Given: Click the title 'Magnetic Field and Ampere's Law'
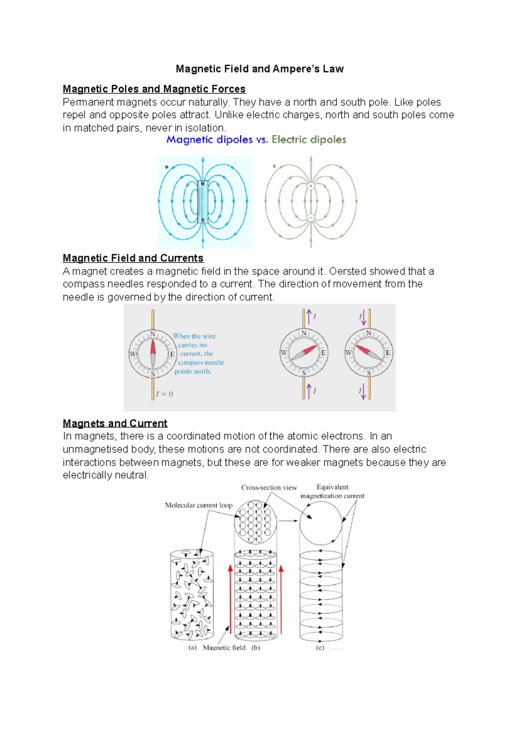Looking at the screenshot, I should click(259, 69).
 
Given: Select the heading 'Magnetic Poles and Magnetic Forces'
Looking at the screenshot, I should click(154, 89).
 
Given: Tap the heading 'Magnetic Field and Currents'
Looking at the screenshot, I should click(133, 258).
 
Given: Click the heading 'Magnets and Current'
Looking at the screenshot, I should click(115, 423).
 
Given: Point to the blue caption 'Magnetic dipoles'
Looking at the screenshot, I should click(209, 139).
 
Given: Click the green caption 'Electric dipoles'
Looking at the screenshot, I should click(309, 139).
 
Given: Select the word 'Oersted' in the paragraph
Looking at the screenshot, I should click(345, 271).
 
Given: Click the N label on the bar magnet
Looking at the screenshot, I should click(202, 184).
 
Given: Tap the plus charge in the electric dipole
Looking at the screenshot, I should click(311, 186).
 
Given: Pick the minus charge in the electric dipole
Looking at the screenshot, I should click(311, 218).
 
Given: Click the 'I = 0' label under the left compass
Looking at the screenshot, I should click(164, 394).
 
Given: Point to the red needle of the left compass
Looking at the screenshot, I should click(153, 348).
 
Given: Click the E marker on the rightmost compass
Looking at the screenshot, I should click(388, 353).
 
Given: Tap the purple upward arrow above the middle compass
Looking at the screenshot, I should click(309, 316).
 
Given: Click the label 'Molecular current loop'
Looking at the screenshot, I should click(199, 505).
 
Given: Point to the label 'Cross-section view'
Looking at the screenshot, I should click(269, 487).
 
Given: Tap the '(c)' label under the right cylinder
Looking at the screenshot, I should click(320, 648).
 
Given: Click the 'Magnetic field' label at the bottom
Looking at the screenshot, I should click(224, 648).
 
